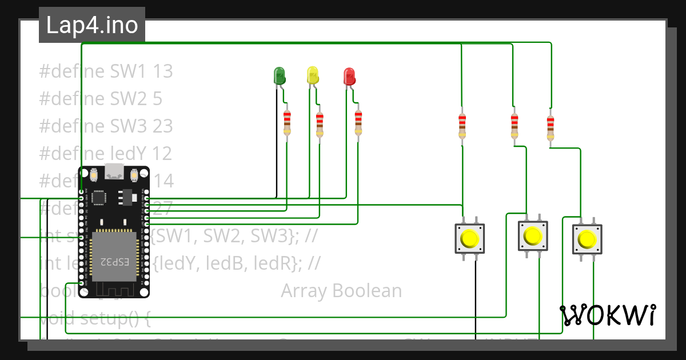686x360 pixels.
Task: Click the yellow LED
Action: [312, 75]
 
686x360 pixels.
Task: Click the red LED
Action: [349, 76]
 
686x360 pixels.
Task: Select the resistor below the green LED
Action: [287, 123]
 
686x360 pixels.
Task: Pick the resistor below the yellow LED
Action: [320, 124]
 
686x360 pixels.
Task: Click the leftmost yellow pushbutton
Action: [470, 238]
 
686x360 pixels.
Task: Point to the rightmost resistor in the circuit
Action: [550, 127]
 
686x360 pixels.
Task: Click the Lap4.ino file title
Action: [91, 25]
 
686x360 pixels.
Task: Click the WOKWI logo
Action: [608, 315]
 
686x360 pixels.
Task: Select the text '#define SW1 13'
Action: [106, 71]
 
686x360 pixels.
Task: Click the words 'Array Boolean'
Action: [341, 291]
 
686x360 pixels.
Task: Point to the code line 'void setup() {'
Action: [95, 318]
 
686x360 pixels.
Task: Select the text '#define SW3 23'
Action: [106, 126]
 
